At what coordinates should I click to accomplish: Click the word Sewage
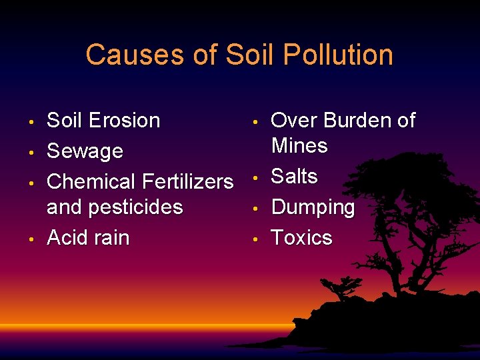(85, 151)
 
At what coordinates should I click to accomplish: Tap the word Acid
(65, 237)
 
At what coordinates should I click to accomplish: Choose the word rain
(109, 237)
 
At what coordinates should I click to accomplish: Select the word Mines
(299, 145)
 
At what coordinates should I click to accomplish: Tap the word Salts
(294, 177)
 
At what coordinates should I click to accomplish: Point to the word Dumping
(313, 208)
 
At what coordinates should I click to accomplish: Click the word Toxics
(301, 237)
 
